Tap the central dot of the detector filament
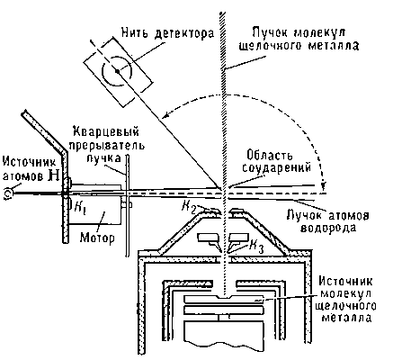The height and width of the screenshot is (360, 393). tap(117, 71)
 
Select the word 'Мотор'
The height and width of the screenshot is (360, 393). tap(97, 238)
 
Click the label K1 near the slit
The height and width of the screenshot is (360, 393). tap(78, 208)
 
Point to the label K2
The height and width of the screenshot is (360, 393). tap(190, 206)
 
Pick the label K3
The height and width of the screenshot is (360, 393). tap(256, 247)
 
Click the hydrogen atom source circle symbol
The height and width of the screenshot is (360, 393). tap(8, 193)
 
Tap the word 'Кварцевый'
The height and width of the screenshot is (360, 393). tap(107, 132)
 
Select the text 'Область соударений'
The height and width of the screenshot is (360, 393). tap(276, 161)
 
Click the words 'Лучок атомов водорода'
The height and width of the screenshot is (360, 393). tap(328, 221)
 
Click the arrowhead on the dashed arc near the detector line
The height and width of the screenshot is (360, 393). tap(165, 114)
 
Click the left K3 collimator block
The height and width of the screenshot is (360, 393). tap(209, 238)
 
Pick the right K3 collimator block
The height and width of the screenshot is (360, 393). tap(239, 238)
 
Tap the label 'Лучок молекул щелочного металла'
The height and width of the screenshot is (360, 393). tap(299, 39)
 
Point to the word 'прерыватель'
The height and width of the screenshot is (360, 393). tap(107, 146)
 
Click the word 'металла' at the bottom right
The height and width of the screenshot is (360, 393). tap(346, 317)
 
